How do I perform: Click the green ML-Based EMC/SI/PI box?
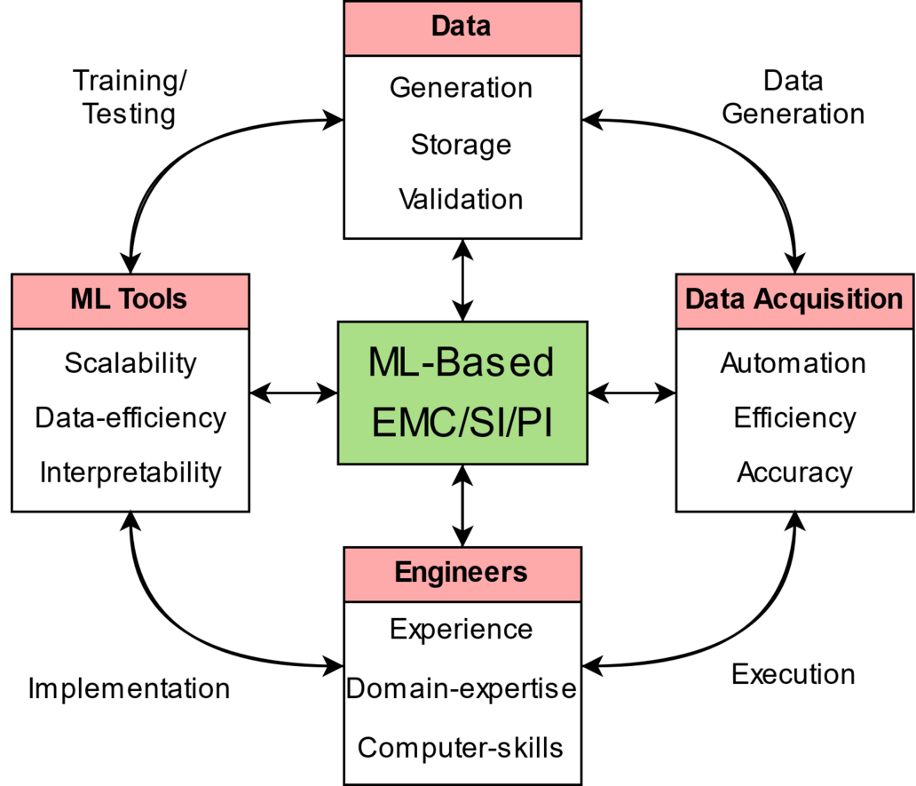click(x=462, y=393)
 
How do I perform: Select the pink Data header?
click(x=462, y=28)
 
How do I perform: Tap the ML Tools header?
click(x=130, y=301)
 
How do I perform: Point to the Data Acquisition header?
click(x=795, y=301)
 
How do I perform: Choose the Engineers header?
click(x=462, y=575)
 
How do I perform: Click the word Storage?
click(x=461, y=145)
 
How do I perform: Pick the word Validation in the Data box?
click(x=461, y=199)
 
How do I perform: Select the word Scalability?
click(x=130, y=363)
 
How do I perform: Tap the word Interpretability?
click(x=130, y=472)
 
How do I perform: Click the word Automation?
click(x=794, y=363)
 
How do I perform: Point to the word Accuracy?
click(x=794, y=472)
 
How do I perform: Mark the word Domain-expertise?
click(x=461, y=688)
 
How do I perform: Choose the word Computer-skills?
click(x=461, y=748)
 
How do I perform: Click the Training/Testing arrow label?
click(x=129, y=97)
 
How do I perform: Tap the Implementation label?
click(x=129, y=689)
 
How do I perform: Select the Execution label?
click(x=794, y=674)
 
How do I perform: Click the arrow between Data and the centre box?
click(x=462, y=280)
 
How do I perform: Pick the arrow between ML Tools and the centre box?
click(x=293, y=393)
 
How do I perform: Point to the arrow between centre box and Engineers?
click(x=462, y=506)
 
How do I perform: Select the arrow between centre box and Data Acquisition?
click(x=632, y=393)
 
